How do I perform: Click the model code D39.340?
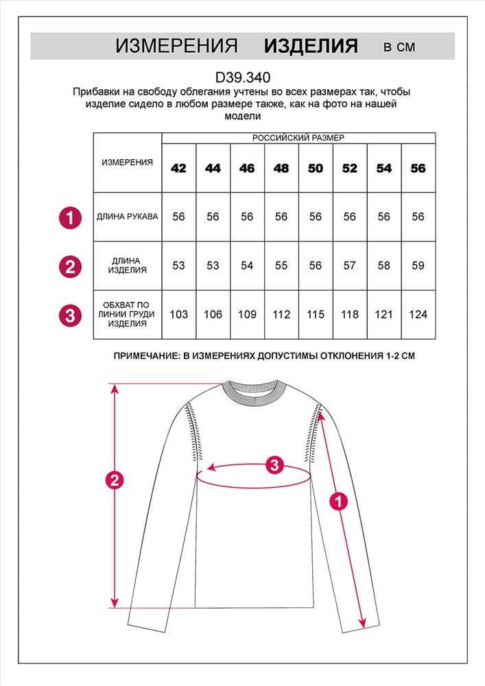click(242, 78)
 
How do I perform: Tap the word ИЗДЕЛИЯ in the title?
click(311, 47)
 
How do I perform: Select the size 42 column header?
click(178, 168)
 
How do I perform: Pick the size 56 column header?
click(418, 168)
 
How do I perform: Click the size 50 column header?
click(316, 168)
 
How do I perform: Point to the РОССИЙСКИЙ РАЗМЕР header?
click(298, 138)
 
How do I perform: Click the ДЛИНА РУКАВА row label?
click(128, 217)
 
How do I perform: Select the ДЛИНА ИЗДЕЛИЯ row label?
click(128, 265)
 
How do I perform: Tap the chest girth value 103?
click(178, 314)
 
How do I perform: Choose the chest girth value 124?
click(418, 314)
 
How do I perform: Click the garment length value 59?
click(418, 265)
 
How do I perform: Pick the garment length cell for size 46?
click(247, 265)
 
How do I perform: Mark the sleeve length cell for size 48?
click(281, 217)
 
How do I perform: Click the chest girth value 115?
click(316, 314)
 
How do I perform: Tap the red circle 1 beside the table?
click(69, 217)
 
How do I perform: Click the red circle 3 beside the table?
click(69, 316)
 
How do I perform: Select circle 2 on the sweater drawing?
click(115, 480)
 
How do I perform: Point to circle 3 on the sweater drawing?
click(274, 465)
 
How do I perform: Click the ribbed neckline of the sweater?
click(253, 398)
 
